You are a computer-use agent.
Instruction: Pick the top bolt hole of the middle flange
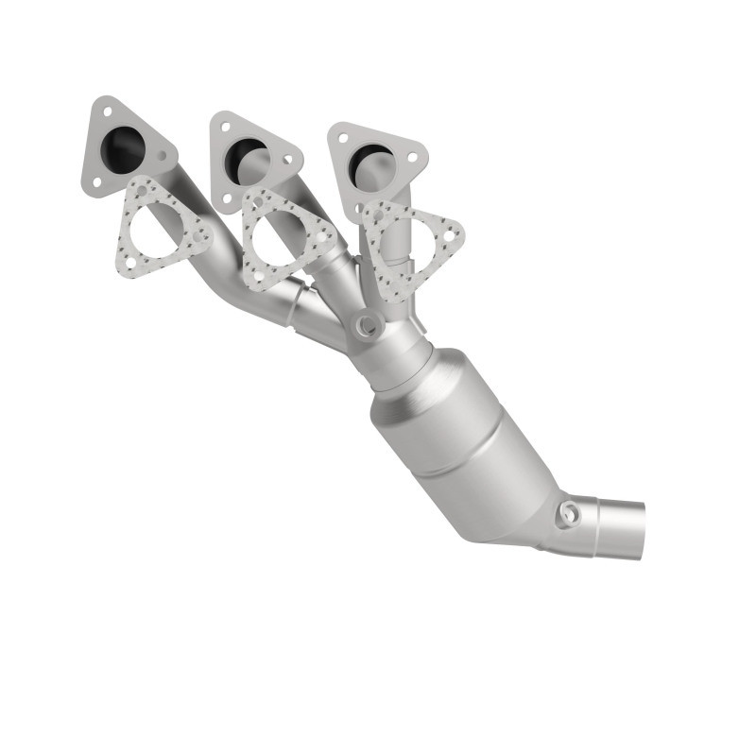(226, 127)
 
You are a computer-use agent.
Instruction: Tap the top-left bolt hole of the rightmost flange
(344, 138)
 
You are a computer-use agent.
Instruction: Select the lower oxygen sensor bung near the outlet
(568, 514)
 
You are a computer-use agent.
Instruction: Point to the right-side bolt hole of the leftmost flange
(162, 156)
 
